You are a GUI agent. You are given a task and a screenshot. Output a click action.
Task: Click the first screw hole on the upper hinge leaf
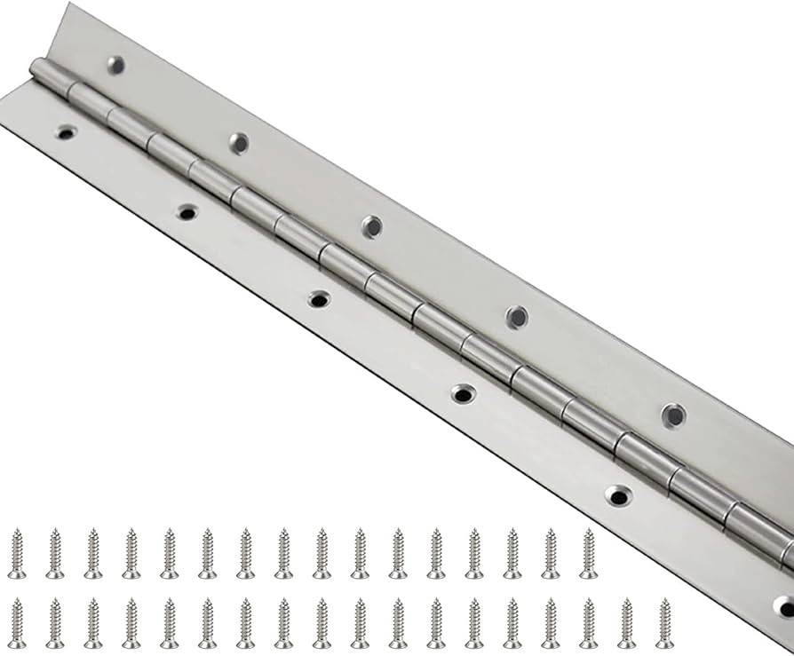point(115,64)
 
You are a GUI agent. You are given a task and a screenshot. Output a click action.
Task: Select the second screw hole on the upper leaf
point(238,142)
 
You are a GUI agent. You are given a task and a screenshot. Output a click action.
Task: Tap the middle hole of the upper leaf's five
point(372,226)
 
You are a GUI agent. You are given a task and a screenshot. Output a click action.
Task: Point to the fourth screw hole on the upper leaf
point(517,317)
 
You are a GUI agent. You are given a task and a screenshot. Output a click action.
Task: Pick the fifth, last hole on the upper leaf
point(673,415)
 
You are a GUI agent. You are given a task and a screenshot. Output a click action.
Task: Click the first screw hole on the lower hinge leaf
point(65,133)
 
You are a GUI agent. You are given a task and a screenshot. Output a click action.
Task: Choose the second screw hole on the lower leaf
point(187,212)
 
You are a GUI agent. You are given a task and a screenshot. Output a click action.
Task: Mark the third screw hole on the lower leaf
point(319,299)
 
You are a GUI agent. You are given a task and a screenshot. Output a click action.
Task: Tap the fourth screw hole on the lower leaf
point(463,393)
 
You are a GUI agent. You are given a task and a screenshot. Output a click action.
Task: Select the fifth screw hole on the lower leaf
point(618,495)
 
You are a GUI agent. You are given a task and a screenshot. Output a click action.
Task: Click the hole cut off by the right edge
point(785,606)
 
